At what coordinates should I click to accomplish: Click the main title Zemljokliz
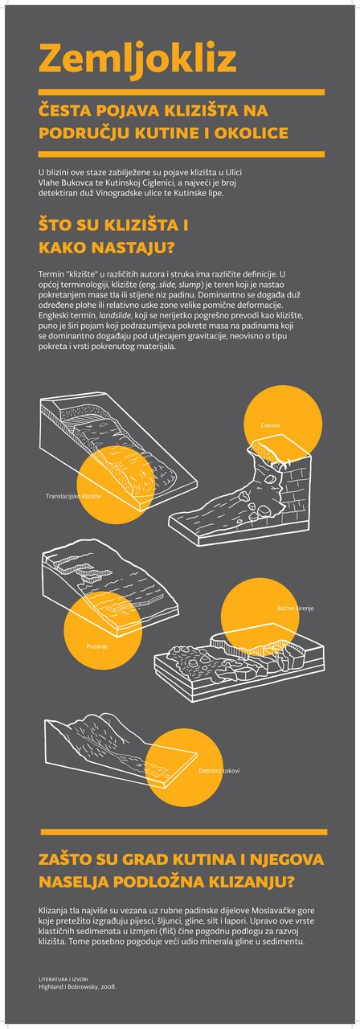[137, 59]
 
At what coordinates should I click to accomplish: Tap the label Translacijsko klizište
[73, 496]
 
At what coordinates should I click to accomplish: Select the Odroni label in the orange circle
[270, 425]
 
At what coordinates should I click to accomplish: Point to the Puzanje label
[97, 646]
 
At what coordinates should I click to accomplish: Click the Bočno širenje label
[295, 609]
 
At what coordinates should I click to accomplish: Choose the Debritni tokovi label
[219, 771]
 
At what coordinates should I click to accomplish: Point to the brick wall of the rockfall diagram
[295, 483]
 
